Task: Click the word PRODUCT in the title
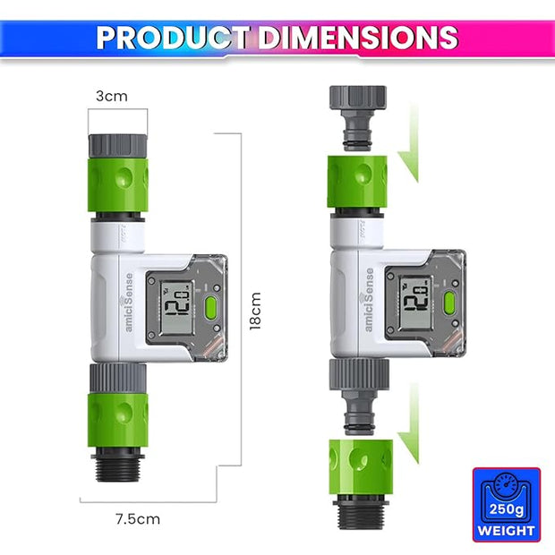pos(174,38)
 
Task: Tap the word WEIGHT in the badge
pos(507,531)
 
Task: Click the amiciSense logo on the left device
pos(130,303)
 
